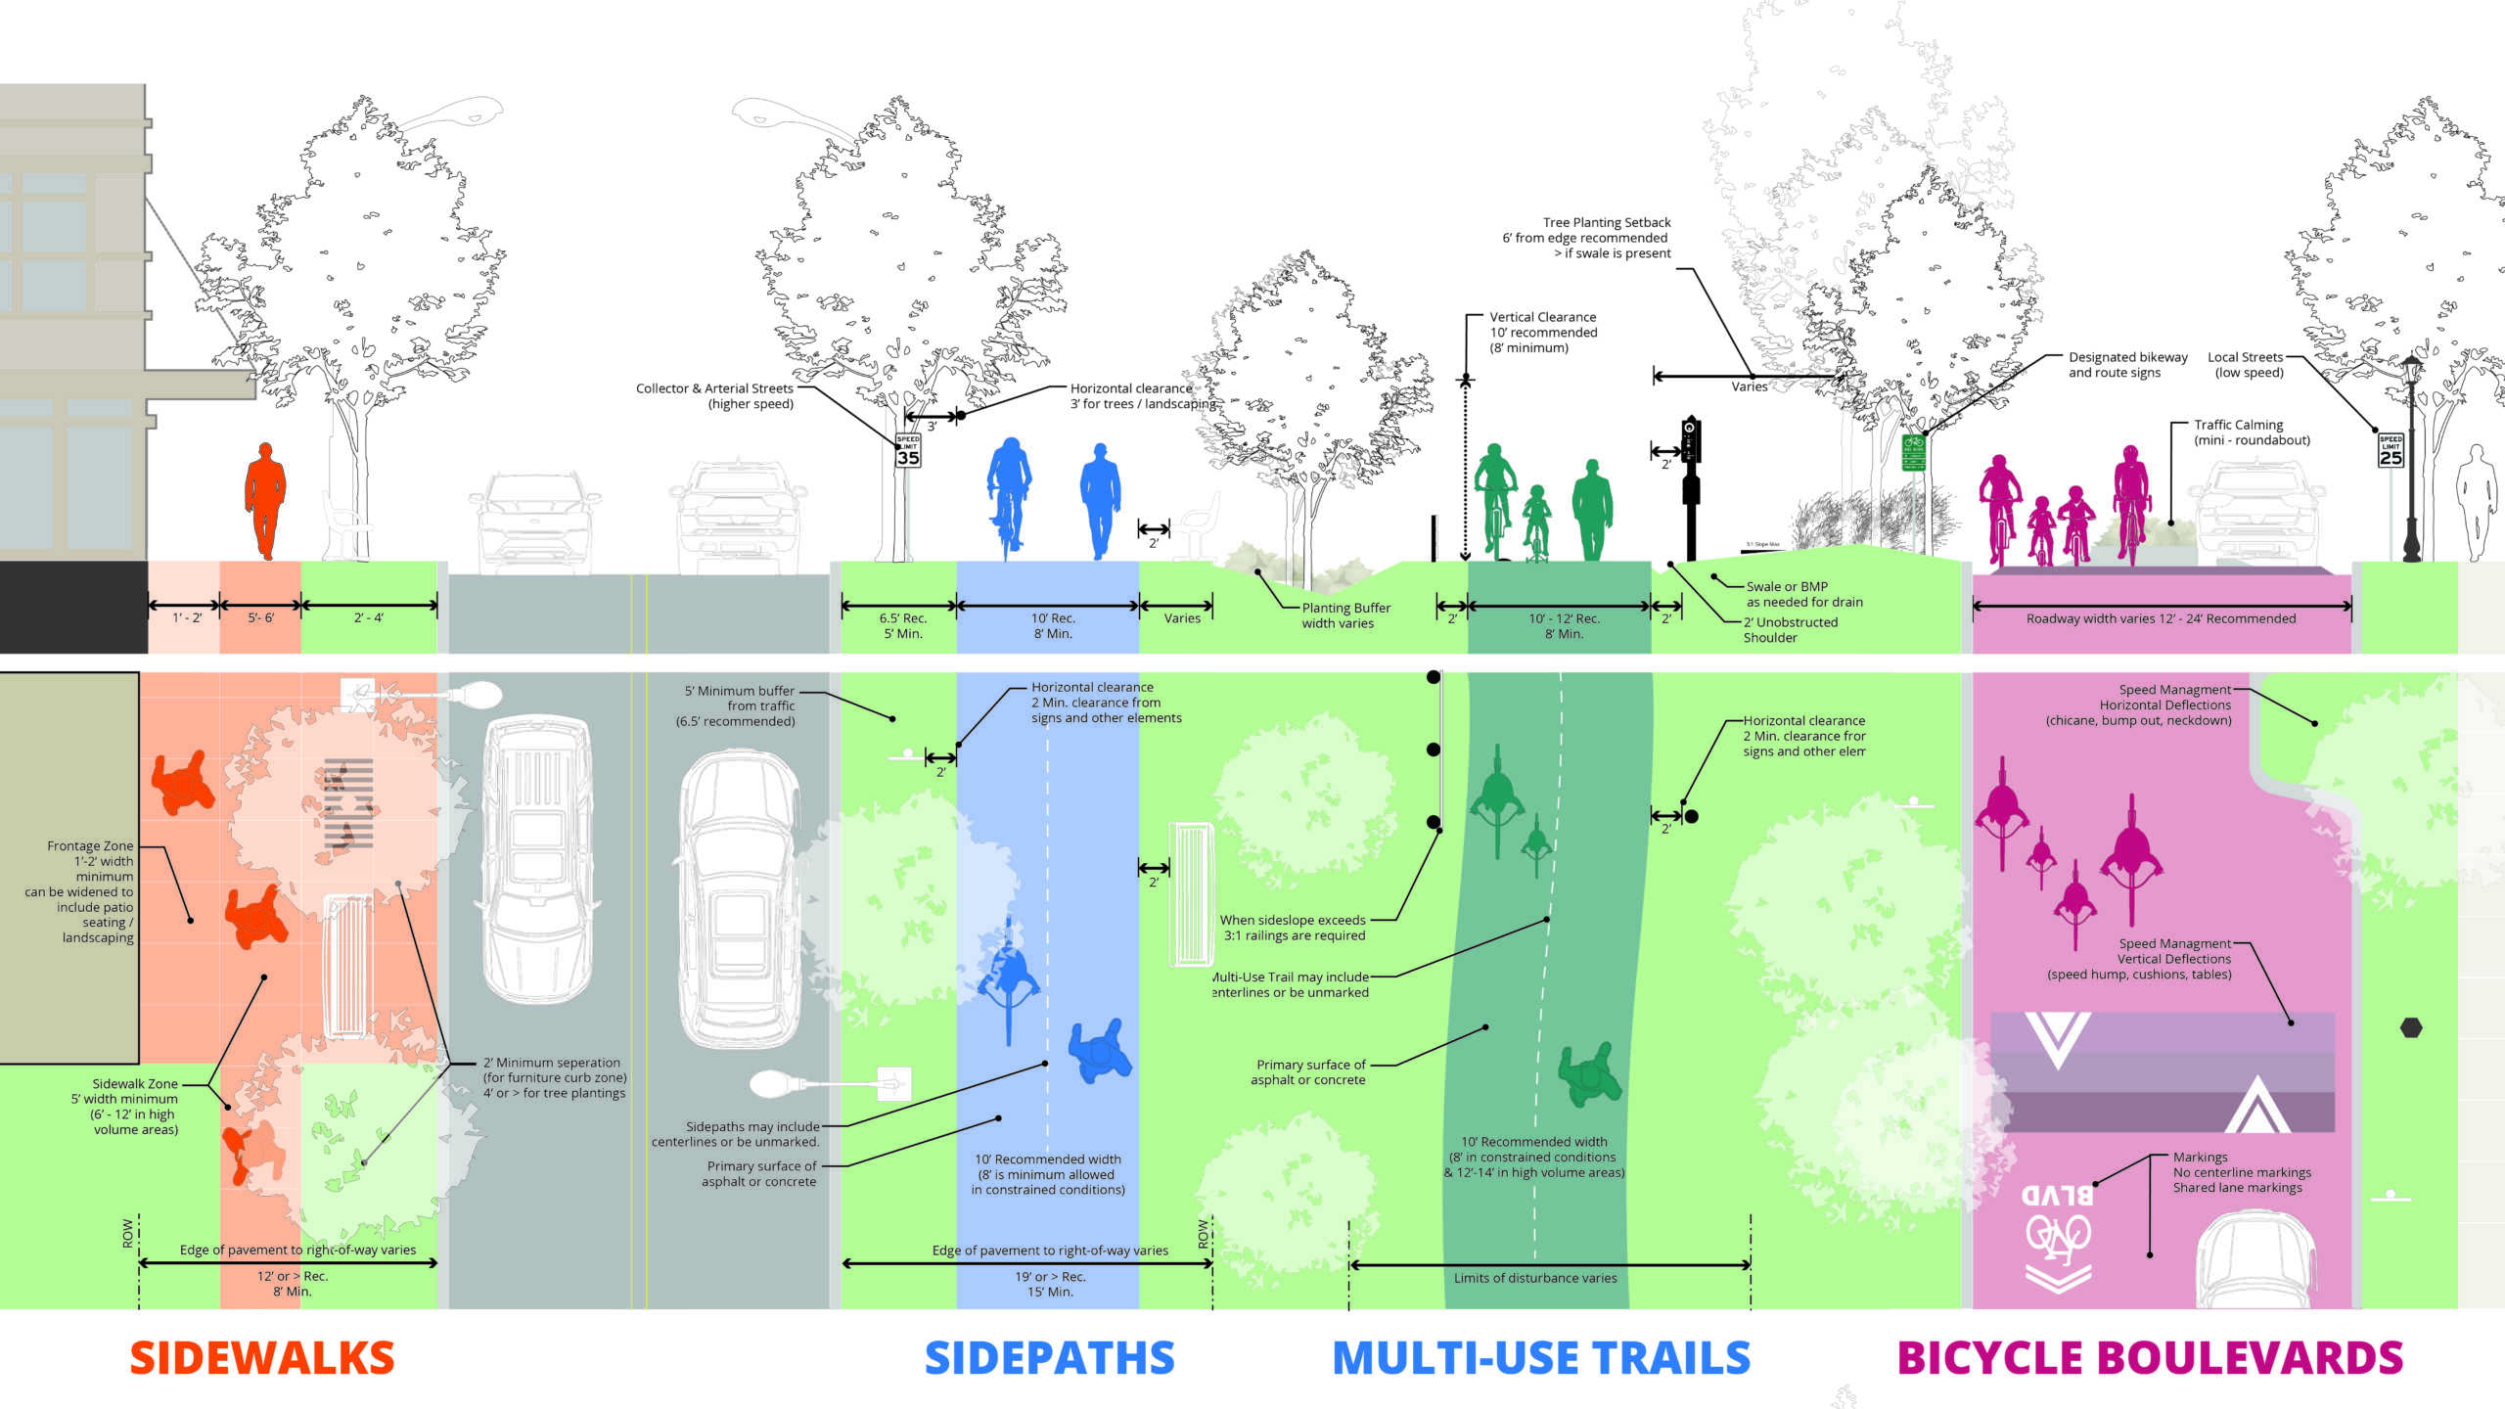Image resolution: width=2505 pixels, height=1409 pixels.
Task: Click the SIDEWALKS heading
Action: (x=262, y=1358)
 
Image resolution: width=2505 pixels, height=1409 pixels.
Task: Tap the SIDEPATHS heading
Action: (x=1049, y=1358)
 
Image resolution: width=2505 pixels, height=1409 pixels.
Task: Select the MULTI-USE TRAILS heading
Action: (x=1541, y=1358)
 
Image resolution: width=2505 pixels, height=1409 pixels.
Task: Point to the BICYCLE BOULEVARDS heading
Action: (x=2150, y=1358)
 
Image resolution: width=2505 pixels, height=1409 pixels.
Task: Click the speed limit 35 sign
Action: (x=908, y=451)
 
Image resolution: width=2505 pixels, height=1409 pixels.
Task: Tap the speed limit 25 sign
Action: (x=2391, y=451)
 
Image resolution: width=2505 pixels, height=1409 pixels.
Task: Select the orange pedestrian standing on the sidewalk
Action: (x=264, y=499)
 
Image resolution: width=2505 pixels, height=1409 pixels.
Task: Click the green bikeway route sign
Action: (x=1914, y=453)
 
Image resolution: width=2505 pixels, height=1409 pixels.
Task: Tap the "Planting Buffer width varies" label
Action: (x=1345, y=615)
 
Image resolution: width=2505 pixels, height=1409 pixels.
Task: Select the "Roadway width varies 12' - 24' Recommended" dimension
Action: (x=2161, y=618)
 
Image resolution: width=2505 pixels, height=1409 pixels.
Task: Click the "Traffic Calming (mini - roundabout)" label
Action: (x=2251, y=432)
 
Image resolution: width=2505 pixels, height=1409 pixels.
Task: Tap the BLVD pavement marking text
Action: (x=2057, y=1196)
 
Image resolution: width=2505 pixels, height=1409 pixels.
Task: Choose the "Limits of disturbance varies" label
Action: (x=1534, y=1278)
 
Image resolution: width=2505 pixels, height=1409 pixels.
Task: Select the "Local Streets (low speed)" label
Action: (x=2247, y=365)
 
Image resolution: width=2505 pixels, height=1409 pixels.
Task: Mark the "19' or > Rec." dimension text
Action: (x=1050, y=1277)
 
